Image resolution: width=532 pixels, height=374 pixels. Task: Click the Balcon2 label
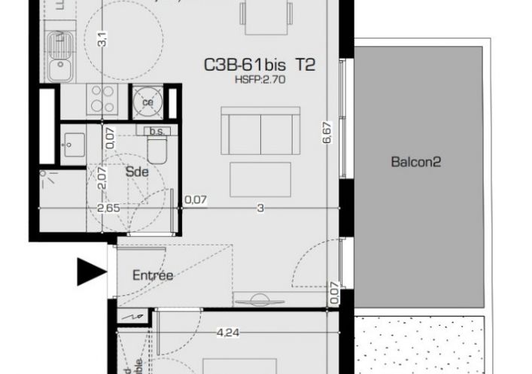(x=415, y=161)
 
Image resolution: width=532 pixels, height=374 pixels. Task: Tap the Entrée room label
(x=153, y=276)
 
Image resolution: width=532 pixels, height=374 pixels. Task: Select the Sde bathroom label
(x=137, y=171)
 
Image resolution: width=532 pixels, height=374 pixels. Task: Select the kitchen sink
(x=58, y=68)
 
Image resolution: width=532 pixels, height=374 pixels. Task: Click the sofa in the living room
(x=260, y=129)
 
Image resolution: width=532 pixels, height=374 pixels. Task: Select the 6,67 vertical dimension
(x=327, y=134)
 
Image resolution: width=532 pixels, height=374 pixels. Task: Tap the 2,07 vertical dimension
(x=102, y=178)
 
